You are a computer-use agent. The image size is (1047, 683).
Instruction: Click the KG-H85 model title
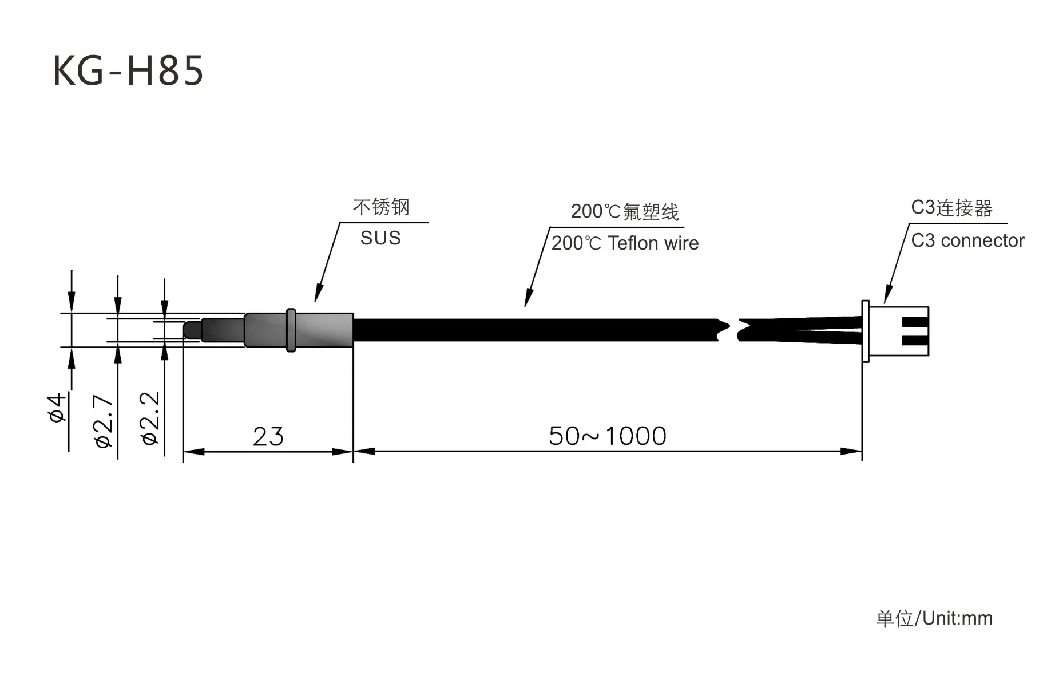[x=128, y=70]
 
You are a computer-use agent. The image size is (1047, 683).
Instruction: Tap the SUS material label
[x=380, y=238]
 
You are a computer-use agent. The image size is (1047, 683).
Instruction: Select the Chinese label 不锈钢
[x=381, y=207]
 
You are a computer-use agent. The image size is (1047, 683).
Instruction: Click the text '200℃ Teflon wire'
[x=625, y=243]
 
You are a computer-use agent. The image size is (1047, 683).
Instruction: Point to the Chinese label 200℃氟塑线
[x=625, y=212]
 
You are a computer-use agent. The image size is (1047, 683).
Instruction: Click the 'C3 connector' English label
[x=967, y=240]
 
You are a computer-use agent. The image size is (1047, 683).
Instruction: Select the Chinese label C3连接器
[x=951, y=208]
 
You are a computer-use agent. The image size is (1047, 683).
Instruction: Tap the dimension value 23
[x=268, y=437]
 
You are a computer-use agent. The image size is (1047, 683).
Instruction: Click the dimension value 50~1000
[x=608, y=436]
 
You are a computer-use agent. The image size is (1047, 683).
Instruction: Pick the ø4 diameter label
[x=57, y=408]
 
